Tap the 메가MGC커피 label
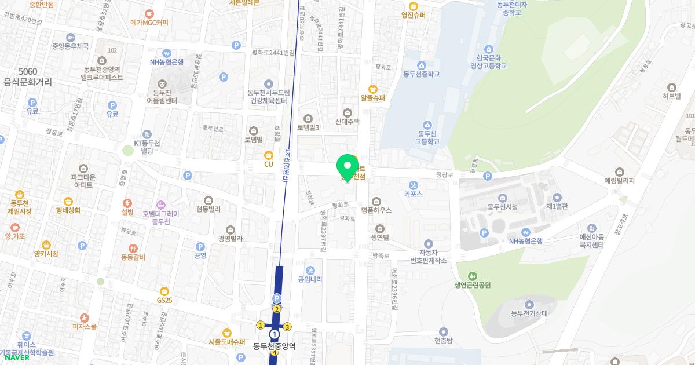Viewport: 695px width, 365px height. point(149,23)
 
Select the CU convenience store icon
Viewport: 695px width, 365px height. point(269,155)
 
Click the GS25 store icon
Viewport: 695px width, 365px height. point(165,291)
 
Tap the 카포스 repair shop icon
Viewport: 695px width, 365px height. point(413,184)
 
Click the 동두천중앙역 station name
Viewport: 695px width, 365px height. point(275,346)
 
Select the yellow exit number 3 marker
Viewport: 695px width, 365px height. point(287,327)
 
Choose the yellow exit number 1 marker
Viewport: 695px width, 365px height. point(261,325)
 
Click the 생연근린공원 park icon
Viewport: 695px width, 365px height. point(473,276)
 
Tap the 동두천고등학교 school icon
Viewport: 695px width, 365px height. point(428,125)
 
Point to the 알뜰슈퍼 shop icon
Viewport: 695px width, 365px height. point(372,89)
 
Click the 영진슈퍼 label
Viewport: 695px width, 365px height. point(414,15)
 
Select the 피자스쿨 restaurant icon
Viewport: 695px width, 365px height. point(85,317)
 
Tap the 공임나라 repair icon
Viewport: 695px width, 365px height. point(310,270)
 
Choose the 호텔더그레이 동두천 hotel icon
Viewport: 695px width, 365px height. point(160,204)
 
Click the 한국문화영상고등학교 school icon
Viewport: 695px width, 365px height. point(488,49)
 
